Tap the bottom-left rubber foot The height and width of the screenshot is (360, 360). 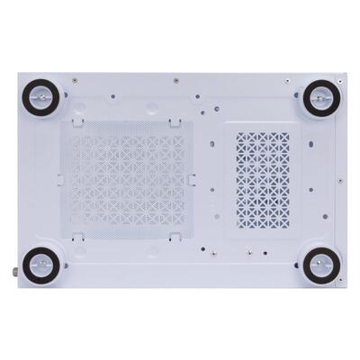pyautogui.click(x=40, y=265)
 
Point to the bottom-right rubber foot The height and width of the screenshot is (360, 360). pyautogui.click(x=319, y=265)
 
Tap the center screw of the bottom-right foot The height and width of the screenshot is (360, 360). pyautogui.click(x=319, y=265)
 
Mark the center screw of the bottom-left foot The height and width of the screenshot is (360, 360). pyautogui.click(x=40, y=265)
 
